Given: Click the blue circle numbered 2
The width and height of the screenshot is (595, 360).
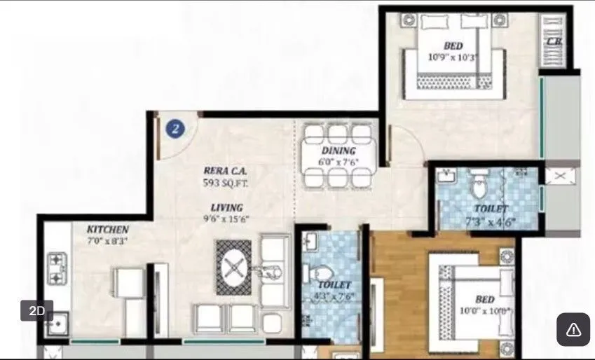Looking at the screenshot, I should pyautogui.click(x=175, y=128).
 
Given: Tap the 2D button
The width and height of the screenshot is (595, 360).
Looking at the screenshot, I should pyautogui.click(x=37, y=310).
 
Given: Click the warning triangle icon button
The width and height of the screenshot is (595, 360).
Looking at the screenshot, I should pyautogui.click(x=573, y=329).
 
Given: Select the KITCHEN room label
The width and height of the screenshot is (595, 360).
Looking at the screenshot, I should pyautogui.click(x=107, y=230).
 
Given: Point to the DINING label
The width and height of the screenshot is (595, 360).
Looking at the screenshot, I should pyautogui.click(x=339, y=151).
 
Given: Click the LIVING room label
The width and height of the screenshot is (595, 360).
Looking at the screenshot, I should pyautogui.click(x=226, y=207).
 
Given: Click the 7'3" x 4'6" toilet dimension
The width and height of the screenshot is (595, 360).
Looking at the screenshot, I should pyautogui.click(x=490, y=222).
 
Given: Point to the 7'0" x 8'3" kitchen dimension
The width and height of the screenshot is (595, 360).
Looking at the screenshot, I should pyautogui.click(x=107, y=242).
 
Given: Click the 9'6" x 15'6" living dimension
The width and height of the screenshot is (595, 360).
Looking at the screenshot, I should pyautogui.click(x=226, y=219).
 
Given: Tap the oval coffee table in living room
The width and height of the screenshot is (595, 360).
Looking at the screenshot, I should pyautogui.click(x=233, y=267).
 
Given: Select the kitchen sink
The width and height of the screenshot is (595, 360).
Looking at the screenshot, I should pyautogui.click(x=56, y=324).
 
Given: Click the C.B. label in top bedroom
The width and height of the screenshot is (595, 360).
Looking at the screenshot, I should pyautogui.click(x=554, y=42).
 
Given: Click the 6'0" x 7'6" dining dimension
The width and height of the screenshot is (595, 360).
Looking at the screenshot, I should pyautogui.click(x=339, y=162).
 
